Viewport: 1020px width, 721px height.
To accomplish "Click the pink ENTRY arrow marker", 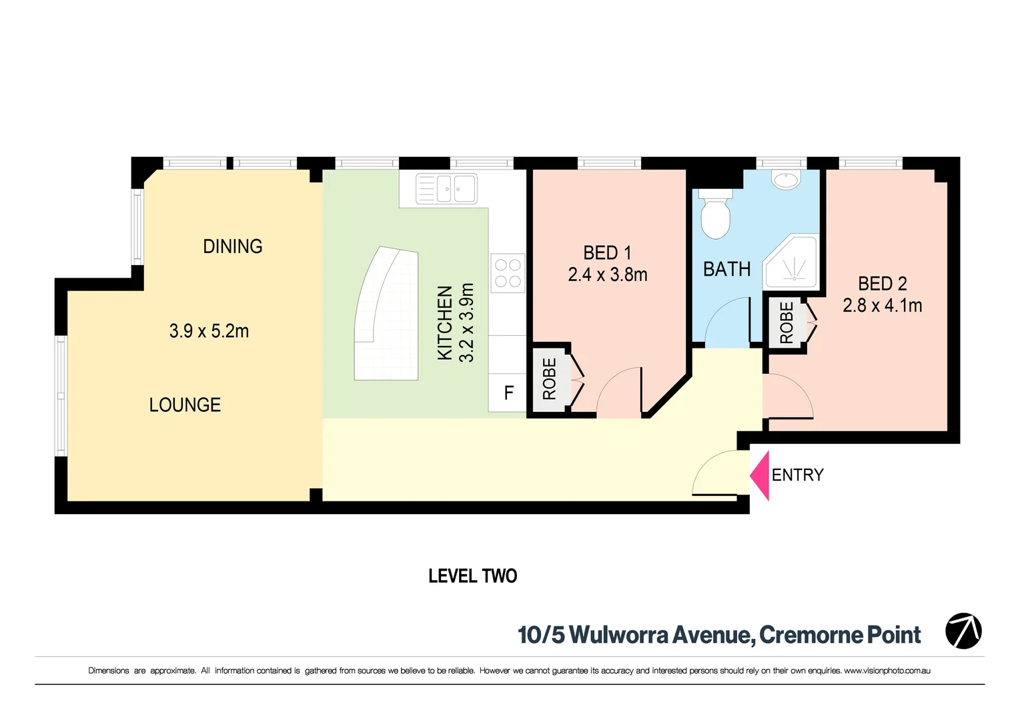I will point(761,475).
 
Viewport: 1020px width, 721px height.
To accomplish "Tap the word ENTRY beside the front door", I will point(797,475).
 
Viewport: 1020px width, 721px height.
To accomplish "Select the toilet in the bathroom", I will point(716,215).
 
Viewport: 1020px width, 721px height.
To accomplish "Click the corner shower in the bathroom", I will point(793,262).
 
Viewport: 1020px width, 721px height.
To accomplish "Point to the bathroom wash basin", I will point(786,180).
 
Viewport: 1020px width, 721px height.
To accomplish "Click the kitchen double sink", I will point(446,189).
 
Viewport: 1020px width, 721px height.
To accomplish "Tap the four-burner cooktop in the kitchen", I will point(508,273).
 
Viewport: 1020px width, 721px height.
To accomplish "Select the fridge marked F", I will point(508,393).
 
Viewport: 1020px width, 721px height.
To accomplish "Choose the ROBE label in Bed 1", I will point(549,379).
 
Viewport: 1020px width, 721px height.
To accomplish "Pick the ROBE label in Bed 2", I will point(787,323).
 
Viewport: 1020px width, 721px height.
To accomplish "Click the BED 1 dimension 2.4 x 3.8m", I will point(607,275).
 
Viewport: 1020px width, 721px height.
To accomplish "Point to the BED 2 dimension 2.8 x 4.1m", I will point(882,306).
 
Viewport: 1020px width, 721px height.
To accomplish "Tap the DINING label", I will point(232,246).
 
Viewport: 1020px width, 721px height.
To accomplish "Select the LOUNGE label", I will point(185,405).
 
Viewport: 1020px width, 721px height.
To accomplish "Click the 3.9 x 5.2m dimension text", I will point(209,331).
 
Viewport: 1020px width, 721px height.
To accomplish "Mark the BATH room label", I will point(726,270).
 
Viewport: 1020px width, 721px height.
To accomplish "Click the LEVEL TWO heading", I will point(472,576).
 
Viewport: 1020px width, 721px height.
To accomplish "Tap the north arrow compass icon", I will point(963,631).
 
